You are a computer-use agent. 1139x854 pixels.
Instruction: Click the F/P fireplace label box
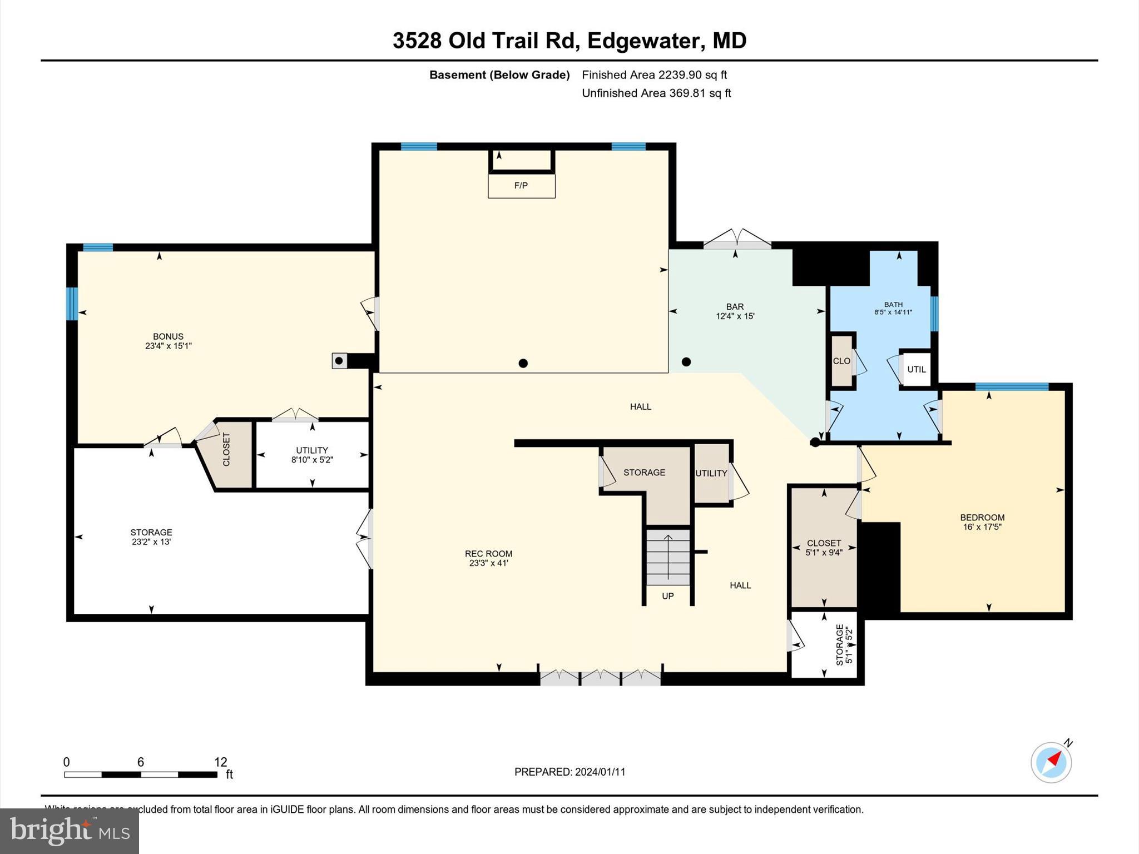tap(521, 186)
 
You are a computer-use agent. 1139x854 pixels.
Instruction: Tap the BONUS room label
tap(168, 336)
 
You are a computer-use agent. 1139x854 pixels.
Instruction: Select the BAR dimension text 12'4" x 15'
tap(735, 316)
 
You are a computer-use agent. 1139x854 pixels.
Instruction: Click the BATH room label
tap(893, 304)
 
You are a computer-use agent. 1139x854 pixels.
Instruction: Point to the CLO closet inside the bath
tap(841, 361)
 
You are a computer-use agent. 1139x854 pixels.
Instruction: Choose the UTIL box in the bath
tap(916, 369)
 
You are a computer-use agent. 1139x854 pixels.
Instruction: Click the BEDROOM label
tap(982, 517)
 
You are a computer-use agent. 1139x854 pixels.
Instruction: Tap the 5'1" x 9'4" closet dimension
tap(824, 553)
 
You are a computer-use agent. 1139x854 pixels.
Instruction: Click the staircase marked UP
tap(668, 558)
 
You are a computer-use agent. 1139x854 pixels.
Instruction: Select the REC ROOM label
tap(488, 553)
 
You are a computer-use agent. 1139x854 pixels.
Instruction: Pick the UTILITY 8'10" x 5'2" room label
tap(312, 450)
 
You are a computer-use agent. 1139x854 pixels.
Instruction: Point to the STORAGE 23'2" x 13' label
tap(151, 532)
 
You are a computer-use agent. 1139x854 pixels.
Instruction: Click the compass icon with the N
tap(1051, 762)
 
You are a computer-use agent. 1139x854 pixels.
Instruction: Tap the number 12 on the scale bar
tap(221, 762)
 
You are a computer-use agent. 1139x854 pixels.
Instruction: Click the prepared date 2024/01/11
tap(600, 772)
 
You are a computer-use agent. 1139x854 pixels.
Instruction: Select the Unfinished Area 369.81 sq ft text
tap(656, 93)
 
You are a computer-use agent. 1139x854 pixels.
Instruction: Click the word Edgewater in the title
tap(643, 41)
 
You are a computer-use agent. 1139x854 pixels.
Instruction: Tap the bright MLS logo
tap(70, 831)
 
